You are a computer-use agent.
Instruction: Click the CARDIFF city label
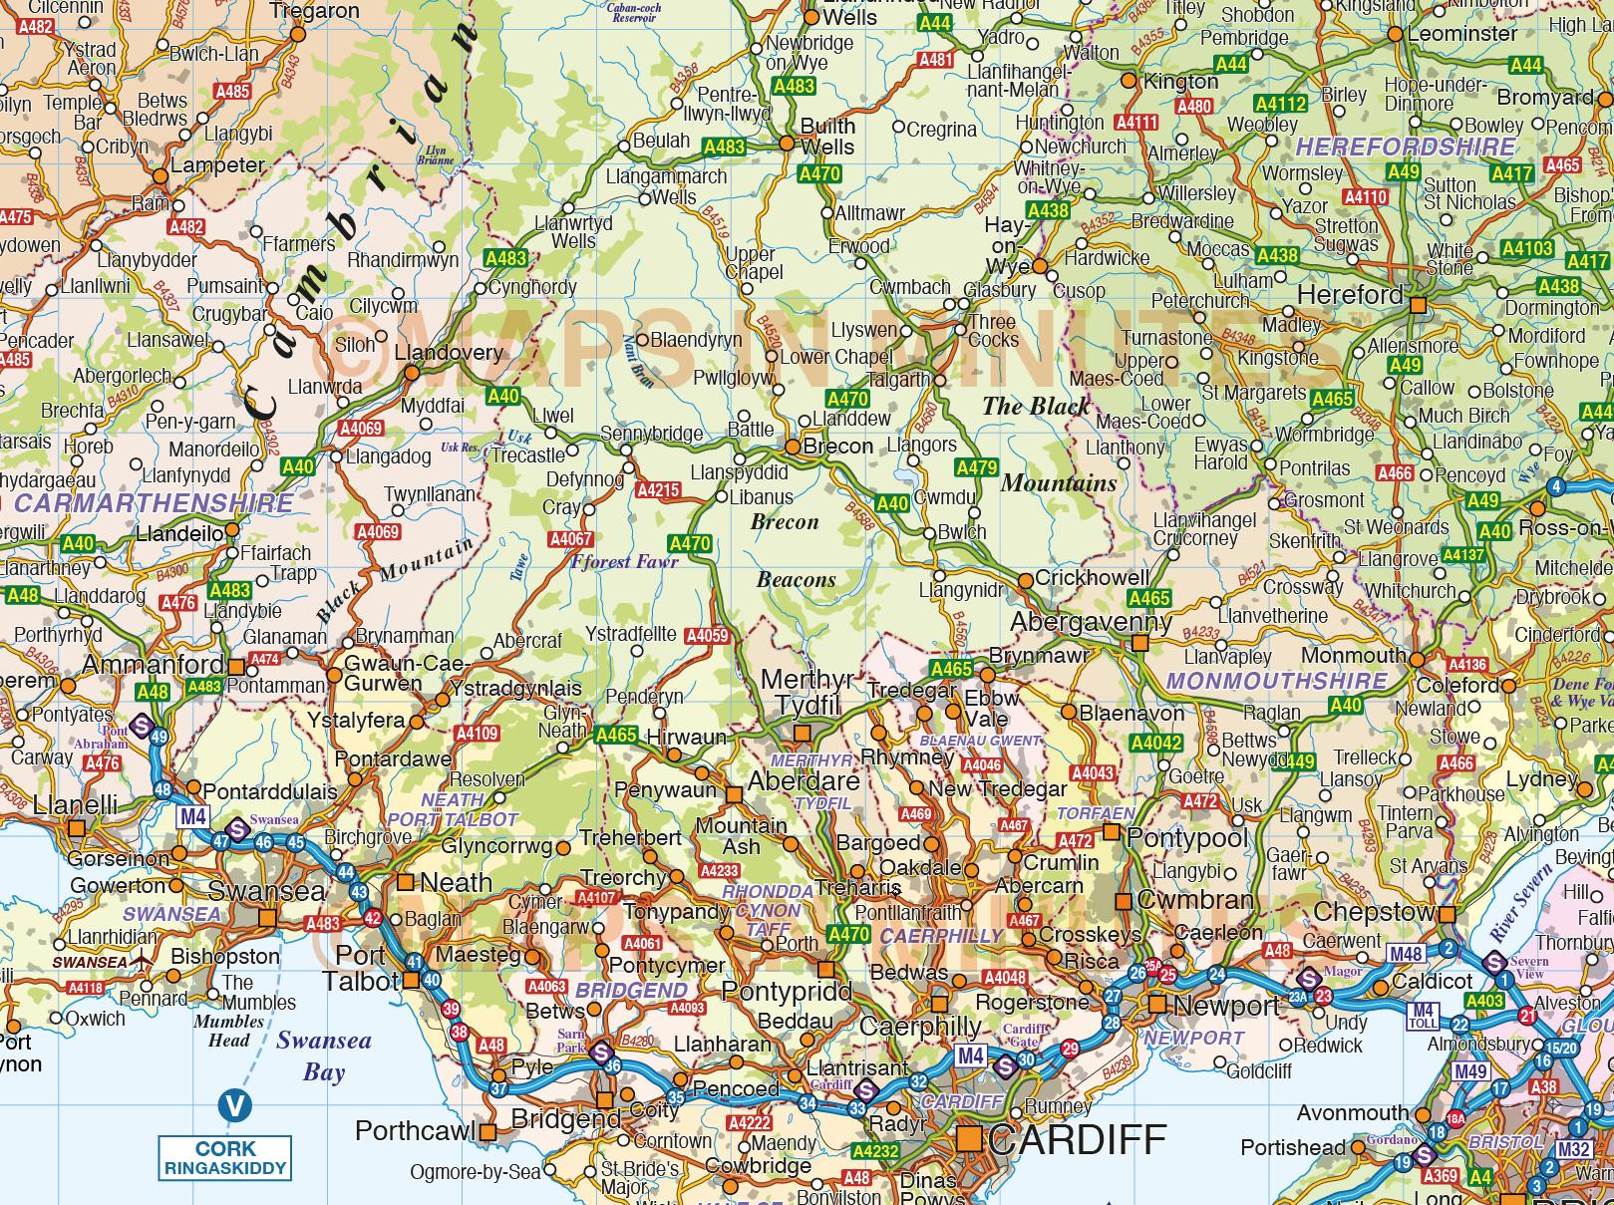[x=1077, y=1138]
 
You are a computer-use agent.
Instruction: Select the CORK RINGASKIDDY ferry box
[x=224, y=1158]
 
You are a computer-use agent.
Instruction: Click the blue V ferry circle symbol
[x=234, y=1104]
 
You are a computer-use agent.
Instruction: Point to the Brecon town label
[x=837, y=447]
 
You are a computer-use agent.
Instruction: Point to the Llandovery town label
[x=449, y=353]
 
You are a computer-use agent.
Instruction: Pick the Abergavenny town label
[x=1092, y=622]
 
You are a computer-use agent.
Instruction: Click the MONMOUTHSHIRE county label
[x=1276, y=682]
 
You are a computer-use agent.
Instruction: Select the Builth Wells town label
[x=827, y=137]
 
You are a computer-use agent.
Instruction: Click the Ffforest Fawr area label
[x=624, y=561]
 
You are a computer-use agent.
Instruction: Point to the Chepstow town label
[x=1373, y=912]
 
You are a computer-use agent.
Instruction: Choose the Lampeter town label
[x=217, y=165]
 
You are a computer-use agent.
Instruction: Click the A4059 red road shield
[x=708, y=636]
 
